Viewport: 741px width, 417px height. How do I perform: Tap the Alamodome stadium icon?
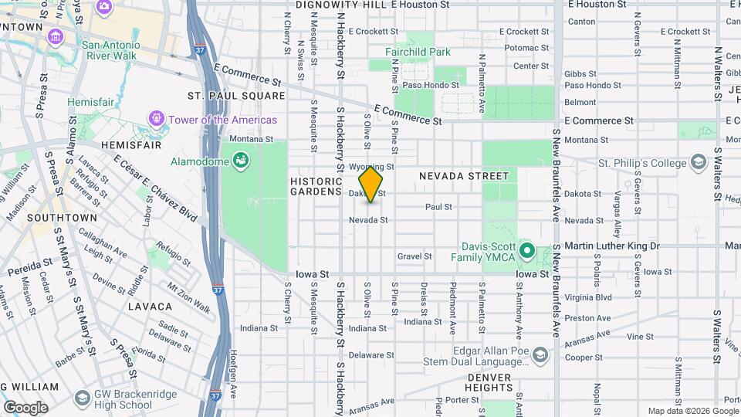tap(242, 161)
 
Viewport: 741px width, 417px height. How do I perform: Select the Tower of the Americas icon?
tap(157, 119)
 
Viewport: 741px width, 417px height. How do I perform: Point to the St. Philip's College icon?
tap(699, 163)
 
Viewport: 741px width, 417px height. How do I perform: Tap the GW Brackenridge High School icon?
tap(83, 398)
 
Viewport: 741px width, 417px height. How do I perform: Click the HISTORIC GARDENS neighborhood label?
tap(316, 186)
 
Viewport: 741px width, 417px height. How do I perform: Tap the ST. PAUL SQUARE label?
tap(236, 96)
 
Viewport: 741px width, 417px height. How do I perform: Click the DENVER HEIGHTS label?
tap(489, 382)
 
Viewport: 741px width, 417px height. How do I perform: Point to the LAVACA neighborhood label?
tap(149, 307)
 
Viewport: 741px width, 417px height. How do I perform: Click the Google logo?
tap(25, 407)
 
